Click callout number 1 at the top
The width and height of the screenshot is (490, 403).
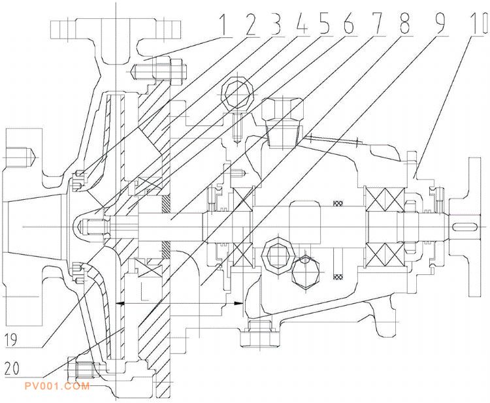coord(222,24)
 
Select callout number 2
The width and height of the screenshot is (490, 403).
coord(250,24)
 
